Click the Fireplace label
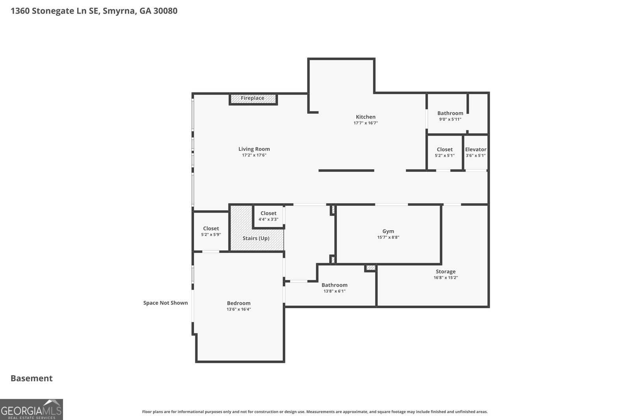252,98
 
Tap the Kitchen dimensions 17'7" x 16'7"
366,123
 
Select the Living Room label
254,149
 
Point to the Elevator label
476,150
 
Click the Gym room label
388,231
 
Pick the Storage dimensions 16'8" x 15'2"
445,278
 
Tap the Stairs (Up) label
256,239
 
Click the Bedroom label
239,303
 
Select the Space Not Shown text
165,303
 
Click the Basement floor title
31,378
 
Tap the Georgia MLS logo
31,409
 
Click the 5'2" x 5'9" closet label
211,231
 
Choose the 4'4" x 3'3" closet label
268,216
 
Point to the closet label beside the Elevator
445,152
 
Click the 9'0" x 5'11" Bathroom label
450,116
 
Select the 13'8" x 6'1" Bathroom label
334,288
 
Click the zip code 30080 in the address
165,11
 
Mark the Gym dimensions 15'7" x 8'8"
388,237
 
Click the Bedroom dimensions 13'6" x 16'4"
239,309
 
